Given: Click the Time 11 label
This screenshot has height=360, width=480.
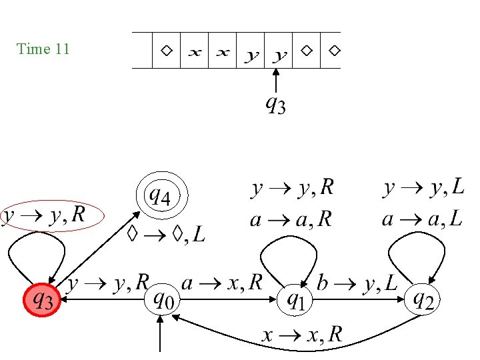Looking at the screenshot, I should point(43,49).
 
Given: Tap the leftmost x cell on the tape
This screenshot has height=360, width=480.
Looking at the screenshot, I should point(194,51).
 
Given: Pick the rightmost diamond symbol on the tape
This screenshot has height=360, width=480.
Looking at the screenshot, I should point(334,51).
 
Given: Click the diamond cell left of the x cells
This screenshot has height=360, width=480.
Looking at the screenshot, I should point(166,51).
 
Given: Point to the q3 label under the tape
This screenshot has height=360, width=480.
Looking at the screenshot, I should point(275,104).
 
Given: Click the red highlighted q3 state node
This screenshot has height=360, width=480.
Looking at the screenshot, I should point(43,300).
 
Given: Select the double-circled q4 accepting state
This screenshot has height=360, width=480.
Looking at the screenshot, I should point(162,197).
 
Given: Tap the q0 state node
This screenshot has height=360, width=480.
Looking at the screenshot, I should point(163,300).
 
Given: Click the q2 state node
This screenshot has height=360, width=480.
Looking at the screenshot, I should point(424,300).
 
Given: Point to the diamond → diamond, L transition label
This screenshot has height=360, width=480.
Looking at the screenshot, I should point(166,234).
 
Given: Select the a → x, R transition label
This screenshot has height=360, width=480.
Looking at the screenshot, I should point(223,283).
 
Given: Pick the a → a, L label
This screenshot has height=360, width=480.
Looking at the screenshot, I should point(422,219).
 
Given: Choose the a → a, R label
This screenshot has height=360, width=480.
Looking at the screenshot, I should point(291,219).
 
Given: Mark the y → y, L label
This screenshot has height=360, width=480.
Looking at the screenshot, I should point(424,189).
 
